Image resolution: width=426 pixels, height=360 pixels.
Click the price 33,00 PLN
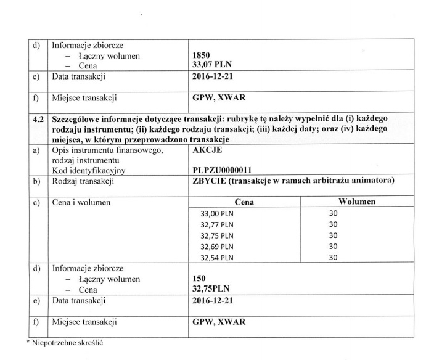point(218,213)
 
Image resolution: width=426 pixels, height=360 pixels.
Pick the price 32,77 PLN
point(218,224)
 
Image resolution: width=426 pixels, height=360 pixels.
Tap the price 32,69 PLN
point(218,247)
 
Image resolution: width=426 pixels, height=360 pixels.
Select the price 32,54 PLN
point(218,258)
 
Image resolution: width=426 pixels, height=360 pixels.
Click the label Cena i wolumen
point(81,202)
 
